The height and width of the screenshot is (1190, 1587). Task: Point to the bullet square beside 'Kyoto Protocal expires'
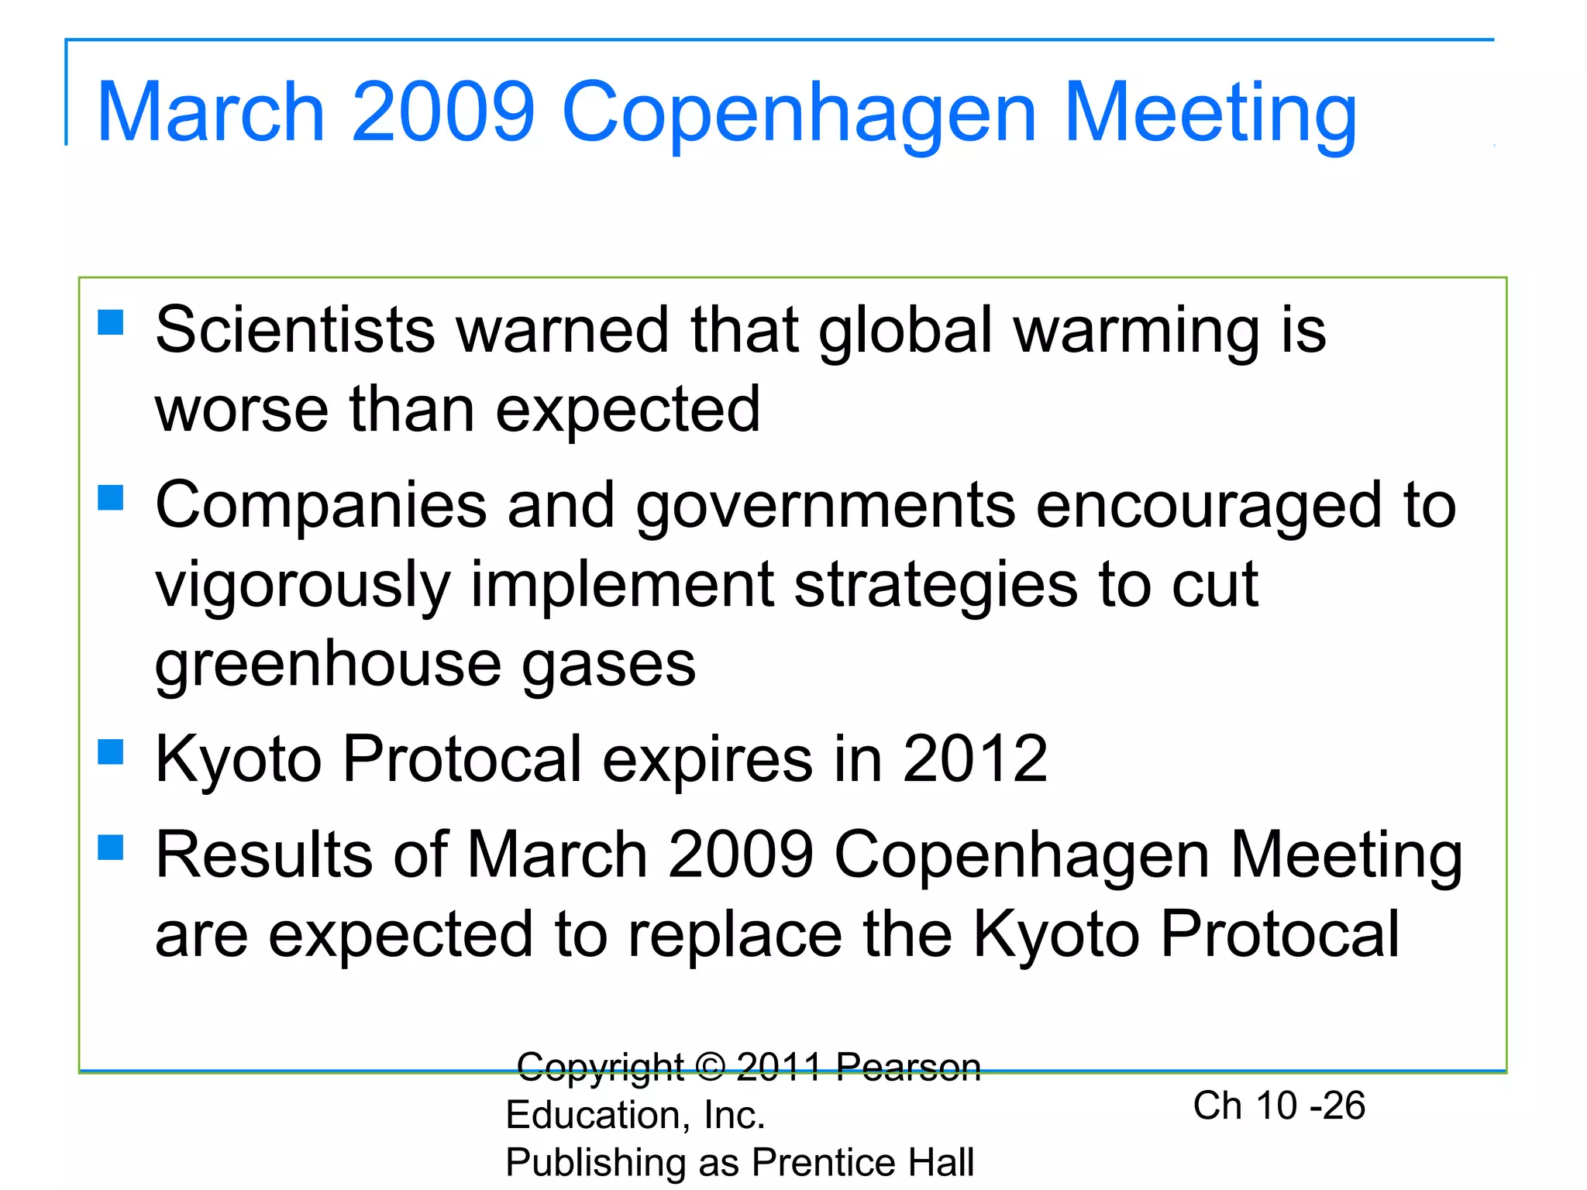click(111, 751)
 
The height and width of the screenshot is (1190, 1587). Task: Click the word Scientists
click(294, 330)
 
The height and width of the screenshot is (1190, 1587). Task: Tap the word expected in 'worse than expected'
click(628, 411)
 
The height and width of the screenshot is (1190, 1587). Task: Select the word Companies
click(321, 505)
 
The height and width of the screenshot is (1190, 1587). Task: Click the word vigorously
click(302, 586)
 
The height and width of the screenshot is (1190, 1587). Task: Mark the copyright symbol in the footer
click(710, 1067)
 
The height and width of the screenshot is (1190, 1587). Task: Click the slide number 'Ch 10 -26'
click(1279, 1106)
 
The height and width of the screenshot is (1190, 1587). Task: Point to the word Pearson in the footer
click(908, 1068)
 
